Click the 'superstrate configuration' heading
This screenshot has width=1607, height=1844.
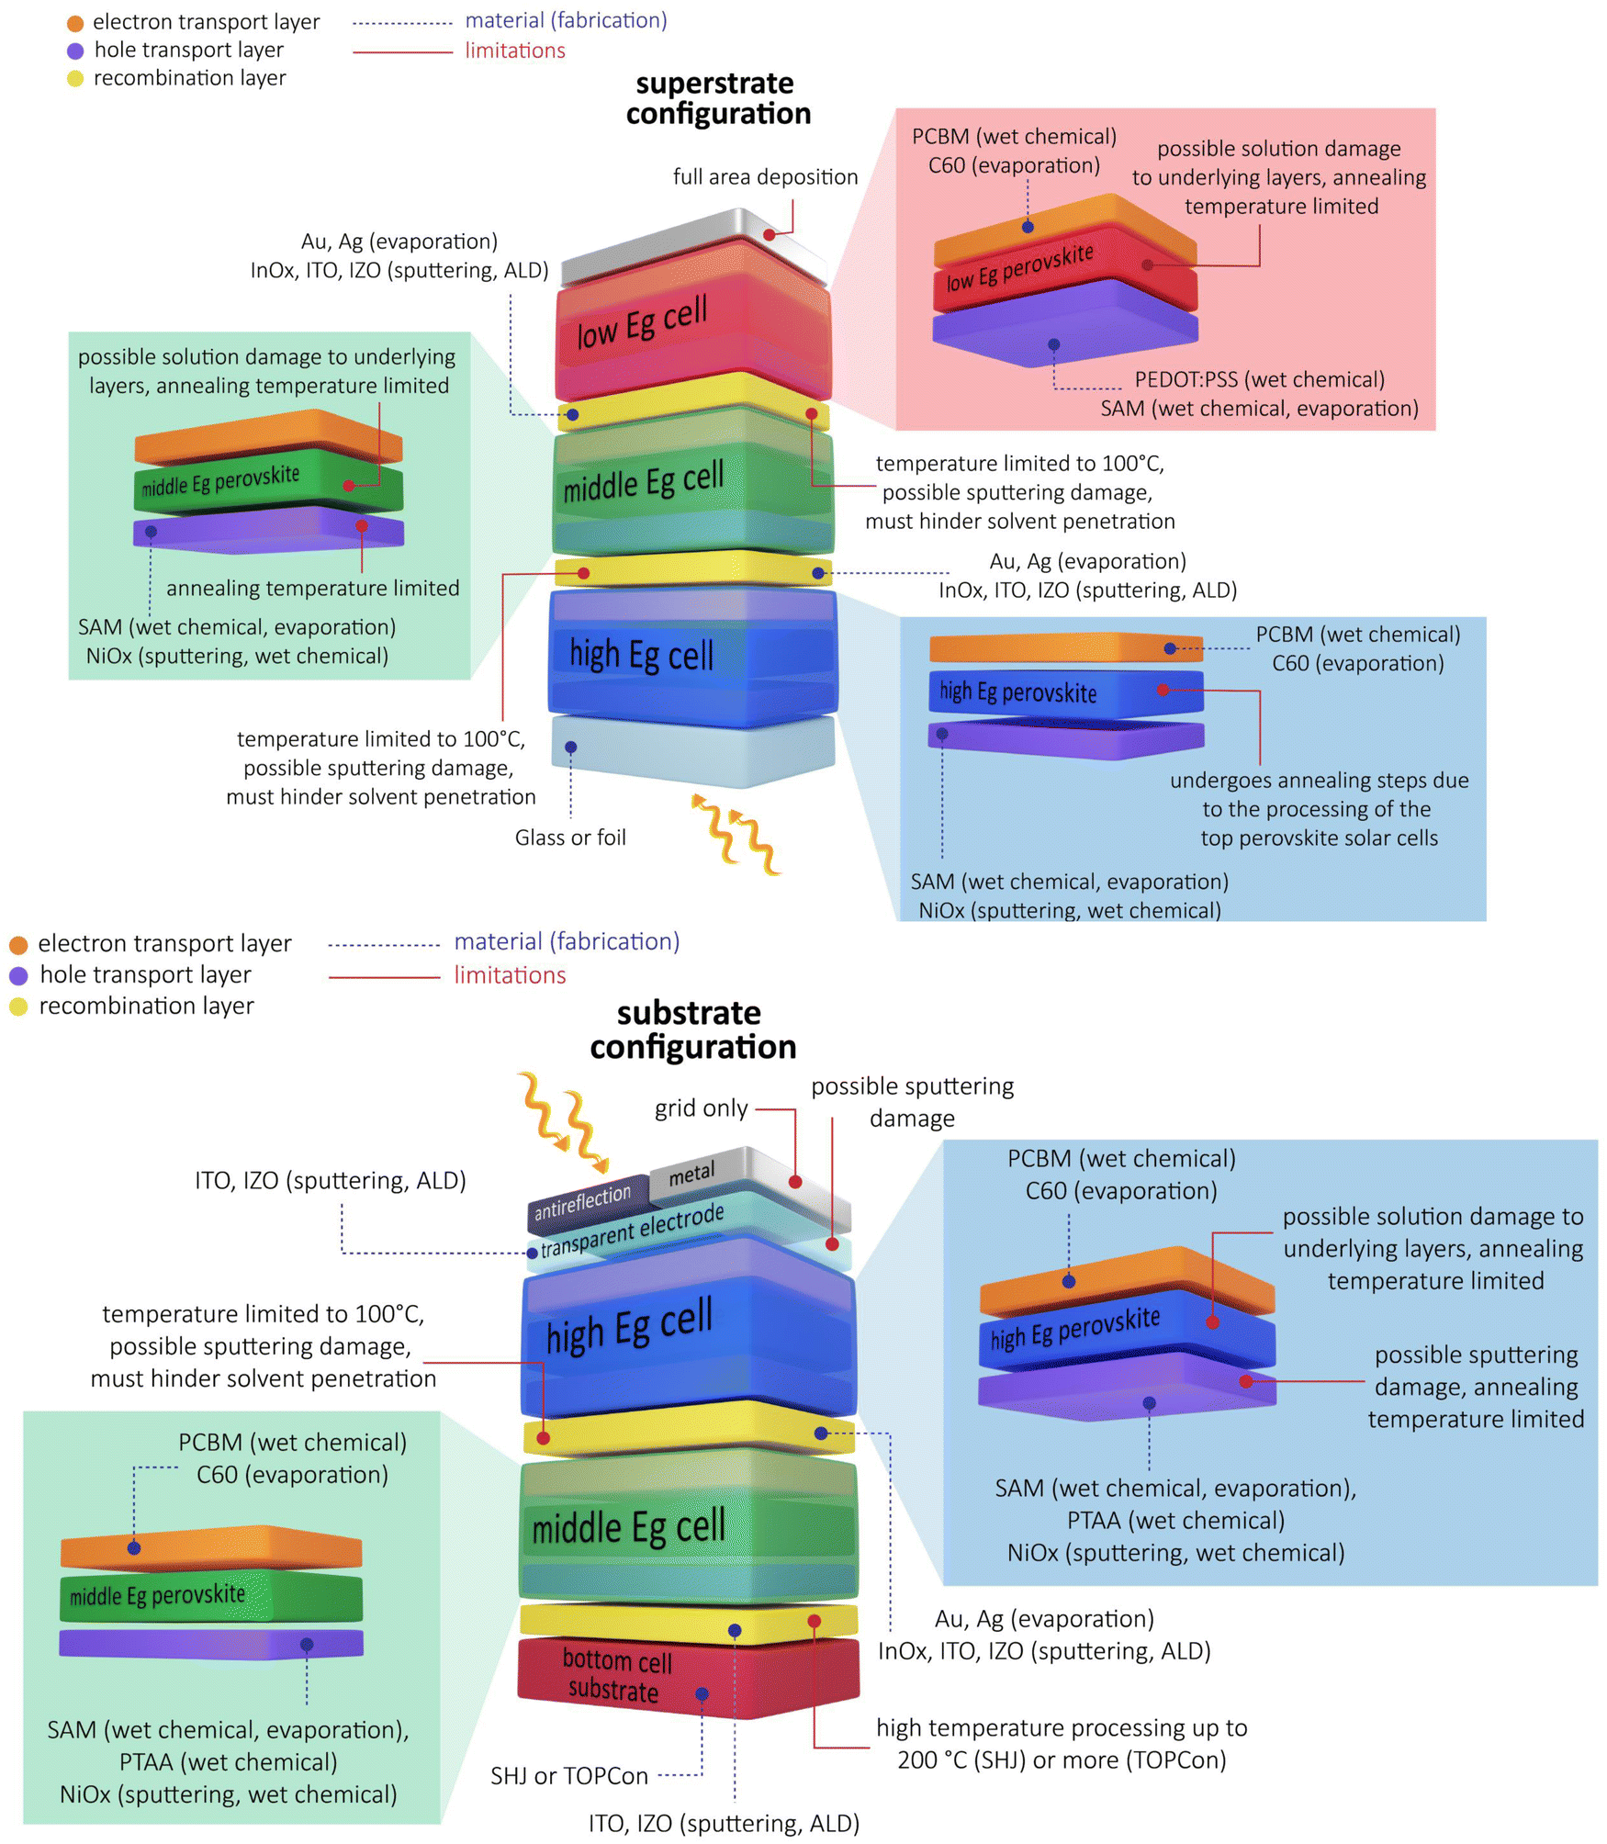click(718, 98)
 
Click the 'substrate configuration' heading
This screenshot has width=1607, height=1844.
click(692, 1029)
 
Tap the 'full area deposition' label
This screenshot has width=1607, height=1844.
click(765, 176)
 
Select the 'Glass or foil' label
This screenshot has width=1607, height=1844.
click(570, 838)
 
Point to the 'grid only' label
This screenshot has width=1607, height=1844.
click(701, 1108)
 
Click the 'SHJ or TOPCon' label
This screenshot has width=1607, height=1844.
click(568, 1776)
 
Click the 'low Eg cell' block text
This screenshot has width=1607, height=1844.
click(642, 321)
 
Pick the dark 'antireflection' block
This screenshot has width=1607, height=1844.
click(582, 1202)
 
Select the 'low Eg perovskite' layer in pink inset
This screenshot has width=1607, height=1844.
click(1019, 266)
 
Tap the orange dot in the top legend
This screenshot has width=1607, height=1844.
click(75, 23)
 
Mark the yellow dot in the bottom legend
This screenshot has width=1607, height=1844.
click(18, 1006)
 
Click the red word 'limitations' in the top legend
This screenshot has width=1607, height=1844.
click(514, 51)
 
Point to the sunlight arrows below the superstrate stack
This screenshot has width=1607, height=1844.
click(735, 831)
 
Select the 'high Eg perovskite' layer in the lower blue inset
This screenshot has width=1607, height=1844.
click(1074, 1329)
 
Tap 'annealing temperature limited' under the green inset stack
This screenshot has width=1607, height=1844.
click(312, 588)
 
